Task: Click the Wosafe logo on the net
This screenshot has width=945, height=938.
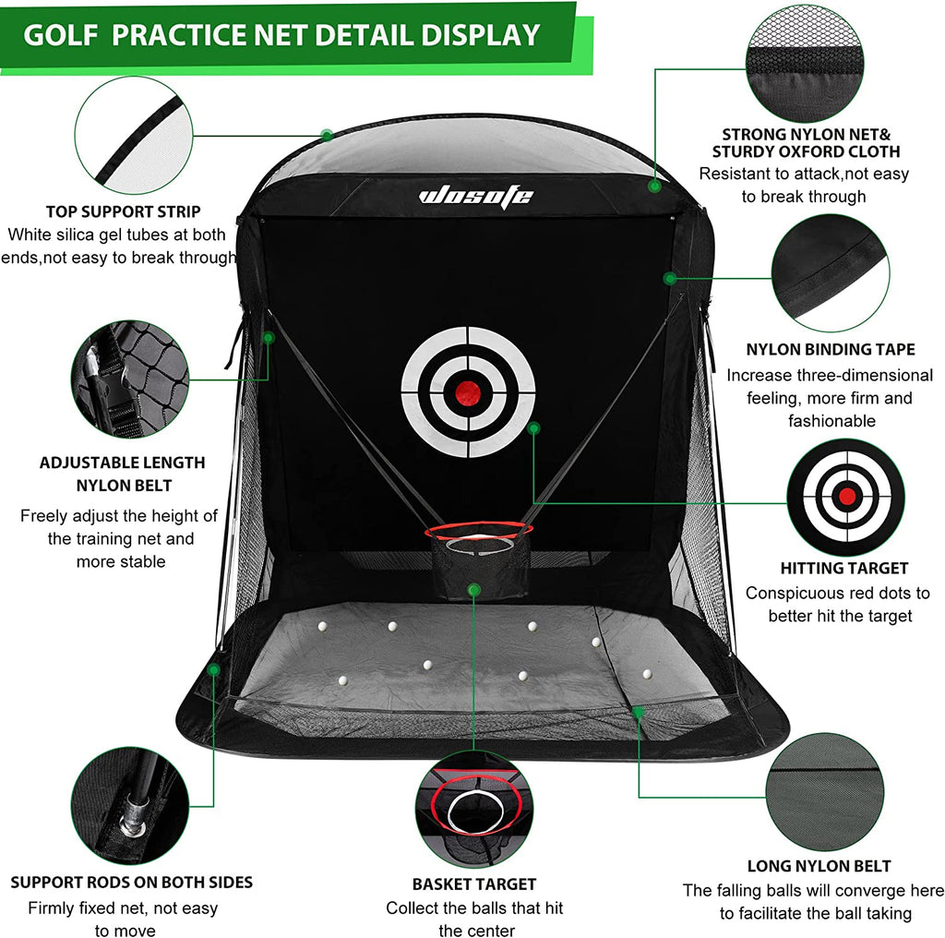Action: [x=475, y=195]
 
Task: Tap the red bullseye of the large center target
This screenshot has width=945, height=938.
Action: [x=468, y=391]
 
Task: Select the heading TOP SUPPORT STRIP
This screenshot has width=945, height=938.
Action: [x=124, y=211]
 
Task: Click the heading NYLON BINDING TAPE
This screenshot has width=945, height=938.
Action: [x=830, y=349]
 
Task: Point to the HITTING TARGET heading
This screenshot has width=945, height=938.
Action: [x=843, y=568]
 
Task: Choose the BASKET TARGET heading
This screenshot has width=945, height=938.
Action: [x=474, y=884]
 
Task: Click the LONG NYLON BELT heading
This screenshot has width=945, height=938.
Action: [x=819, y=866]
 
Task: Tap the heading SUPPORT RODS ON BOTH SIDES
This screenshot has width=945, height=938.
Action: [x=131, y=882]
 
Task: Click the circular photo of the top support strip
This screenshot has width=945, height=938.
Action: [x=134, y=135]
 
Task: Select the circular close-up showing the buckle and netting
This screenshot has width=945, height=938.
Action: [x=130, y=379]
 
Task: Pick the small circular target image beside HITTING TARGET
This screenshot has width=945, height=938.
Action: [x=844, y=497]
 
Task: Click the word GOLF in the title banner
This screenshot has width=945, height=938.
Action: [x=63, y=35]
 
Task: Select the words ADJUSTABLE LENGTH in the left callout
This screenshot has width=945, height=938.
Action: [x=122, y=463]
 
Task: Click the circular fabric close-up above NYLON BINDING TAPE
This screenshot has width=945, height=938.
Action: [x=829, y=274]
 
